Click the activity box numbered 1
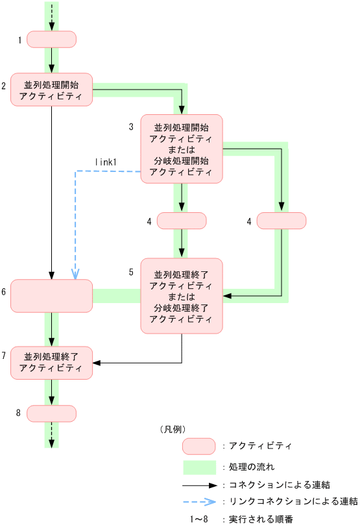51,40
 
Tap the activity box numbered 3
182,149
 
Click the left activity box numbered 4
182,221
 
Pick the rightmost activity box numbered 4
282,221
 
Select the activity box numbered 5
182,296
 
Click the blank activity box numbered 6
51,296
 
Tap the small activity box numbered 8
51,413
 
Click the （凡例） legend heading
173,429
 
